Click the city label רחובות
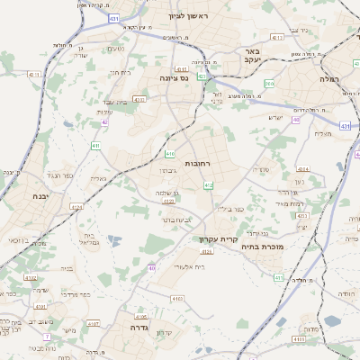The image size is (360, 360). point(197,164)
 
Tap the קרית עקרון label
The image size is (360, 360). point(216,240)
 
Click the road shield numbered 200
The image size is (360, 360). point(269,84)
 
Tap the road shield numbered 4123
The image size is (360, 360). point(76,206)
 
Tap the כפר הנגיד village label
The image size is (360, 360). point(53,175)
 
